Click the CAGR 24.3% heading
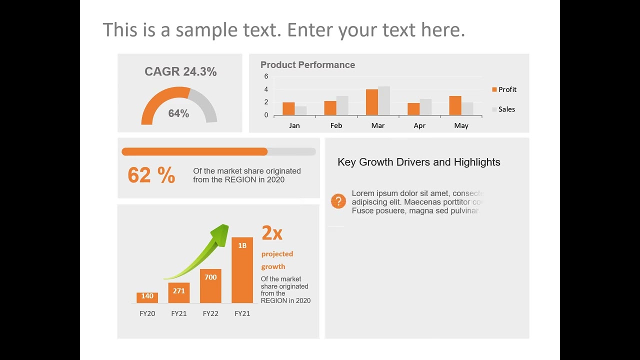[180, 72]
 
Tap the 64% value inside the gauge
[178, 113]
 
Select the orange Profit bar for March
[371, 102]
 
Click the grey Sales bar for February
[342, 105]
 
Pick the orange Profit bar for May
[455, 105]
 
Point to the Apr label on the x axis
[419, 125]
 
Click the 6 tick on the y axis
[266, 76]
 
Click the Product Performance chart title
[307, 65]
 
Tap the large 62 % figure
[151, 175]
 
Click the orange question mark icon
[338, 201]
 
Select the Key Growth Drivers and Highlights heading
[418, 162]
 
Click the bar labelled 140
[147, 297]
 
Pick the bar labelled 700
[210, 286]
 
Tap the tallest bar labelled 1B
[242, 270]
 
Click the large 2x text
[272, 232]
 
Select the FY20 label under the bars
[147, 313]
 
